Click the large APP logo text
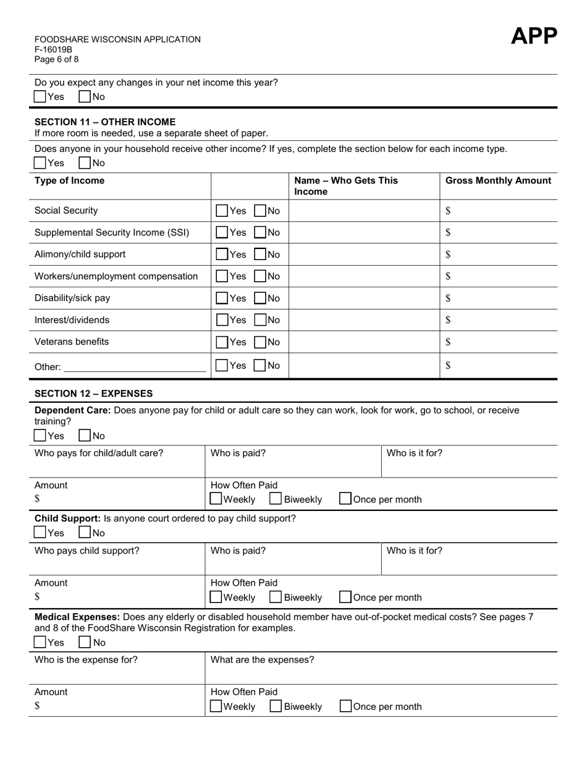tap(534, 36)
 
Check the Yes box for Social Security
tap(222, 211)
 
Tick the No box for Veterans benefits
tap(261, 342)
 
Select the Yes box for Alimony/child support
tap(222, 255)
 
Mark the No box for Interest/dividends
tap(261, 320)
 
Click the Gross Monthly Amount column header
tap(498, 180)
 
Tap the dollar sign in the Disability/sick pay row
tap(448, 298)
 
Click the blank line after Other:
tap(135, 367)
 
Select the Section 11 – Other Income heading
tap(105, 122)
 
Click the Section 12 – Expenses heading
tap(93, 394)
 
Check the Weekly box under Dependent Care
tap(216, 499)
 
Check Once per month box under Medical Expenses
tap(346, 706)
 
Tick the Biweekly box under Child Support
tap(276, 597)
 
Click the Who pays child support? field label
tap(87, 551)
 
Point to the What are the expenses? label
tap(262, 660)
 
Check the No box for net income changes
tap(85, 97)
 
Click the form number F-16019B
tap(53, 49)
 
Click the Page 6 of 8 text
tap(57, 59)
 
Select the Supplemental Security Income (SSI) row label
tap(112, 233)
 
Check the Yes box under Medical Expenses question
tap(40, 643)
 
